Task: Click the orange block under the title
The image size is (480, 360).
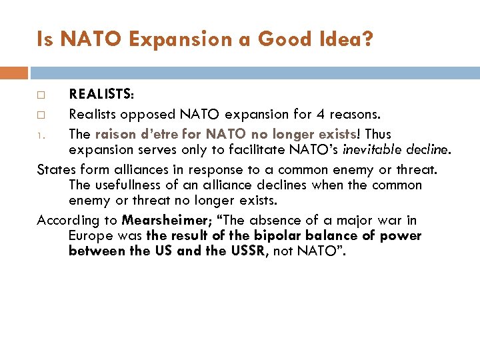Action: click(13, 73)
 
